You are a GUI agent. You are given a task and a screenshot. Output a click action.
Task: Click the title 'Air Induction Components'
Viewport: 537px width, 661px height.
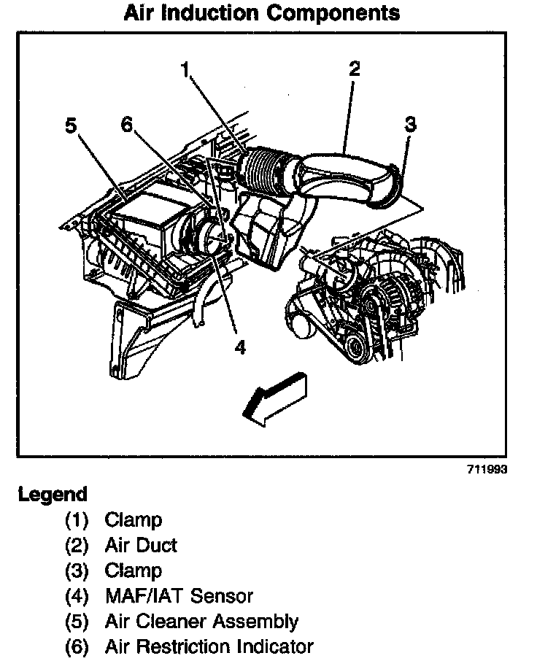(x=262, y=13)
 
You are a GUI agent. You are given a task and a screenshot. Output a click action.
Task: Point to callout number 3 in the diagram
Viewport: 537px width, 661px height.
(x=410, y=124)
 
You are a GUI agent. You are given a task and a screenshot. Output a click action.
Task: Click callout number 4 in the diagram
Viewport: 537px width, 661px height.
(x=239, y=347)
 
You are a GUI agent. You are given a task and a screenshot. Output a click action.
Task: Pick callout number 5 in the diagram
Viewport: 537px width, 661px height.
(x=71, y=126)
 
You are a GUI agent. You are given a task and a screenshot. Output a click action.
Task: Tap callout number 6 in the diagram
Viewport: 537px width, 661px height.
(x=127, y=125)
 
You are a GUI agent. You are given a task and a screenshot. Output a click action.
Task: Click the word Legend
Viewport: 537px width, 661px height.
(x=53, y=495)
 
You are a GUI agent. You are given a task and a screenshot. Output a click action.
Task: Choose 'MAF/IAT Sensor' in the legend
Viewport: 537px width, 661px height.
(x=179, y=596)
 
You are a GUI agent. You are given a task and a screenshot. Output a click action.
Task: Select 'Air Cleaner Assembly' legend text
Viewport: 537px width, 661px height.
(x=201, y=622)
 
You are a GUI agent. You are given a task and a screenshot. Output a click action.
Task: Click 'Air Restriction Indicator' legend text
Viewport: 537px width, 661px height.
(x=209, y=646)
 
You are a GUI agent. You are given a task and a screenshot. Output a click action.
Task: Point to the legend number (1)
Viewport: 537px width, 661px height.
(x=76, y=520)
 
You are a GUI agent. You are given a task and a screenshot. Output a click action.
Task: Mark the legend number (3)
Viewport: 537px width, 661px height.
(x=76, y=571)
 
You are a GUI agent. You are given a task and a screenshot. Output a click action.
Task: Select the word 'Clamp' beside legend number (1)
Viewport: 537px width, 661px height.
(x=134, y=520)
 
